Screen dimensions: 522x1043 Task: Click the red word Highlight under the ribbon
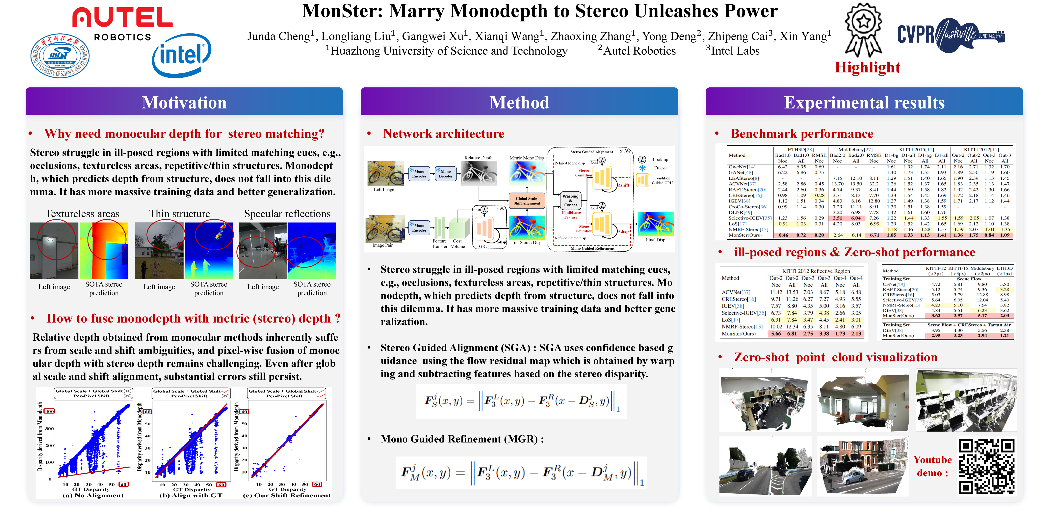point(867,67)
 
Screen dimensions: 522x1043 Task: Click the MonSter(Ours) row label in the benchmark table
point(745,235)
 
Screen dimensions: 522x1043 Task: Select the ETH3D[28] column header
point(800,149)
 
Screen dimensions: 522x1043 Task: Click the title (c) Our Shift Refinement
point(287,495)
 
